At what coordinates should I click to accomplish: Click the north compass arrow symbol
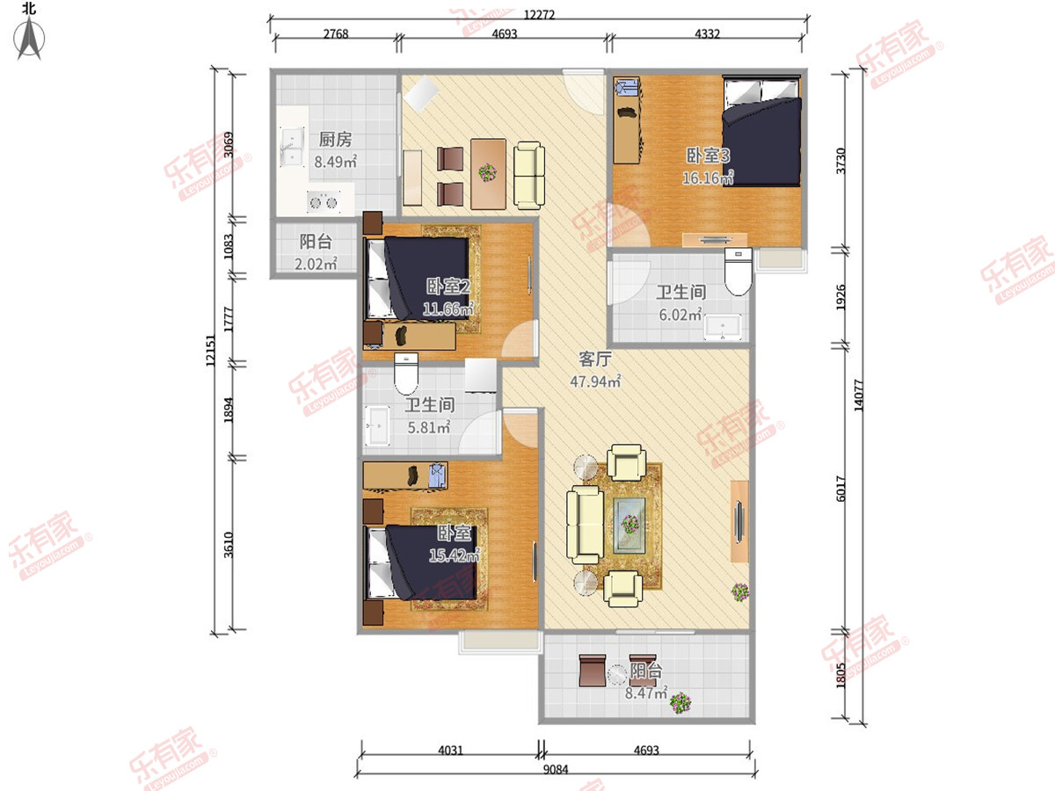29,38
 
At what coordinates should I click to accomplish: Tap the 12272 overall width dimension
539,14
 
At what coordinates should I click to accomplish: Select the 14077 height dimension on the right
858,395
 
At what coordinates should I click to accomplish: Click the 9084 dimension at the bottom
556,769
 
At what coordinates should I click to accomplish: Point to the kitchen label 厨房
336,140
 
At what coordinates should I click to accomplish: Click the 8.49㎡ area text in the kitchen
336,162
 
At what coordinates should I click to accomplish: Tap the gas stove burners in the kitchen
324,202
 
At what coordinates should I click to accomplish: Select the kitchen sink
292,146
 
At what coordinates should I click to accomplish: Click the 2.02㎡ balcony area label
316,264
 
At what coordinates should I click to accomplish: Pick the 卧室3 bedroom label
708,156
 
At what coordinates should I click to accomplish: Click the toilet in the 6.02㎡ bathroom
738,272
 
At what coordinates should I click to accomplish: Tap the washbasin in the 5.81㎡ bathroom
378,426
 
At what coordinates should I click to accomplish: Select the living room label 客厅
595,359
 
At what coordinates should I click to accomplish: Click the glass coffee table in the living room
629,526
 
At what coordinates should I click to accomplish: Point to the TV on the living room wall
739,521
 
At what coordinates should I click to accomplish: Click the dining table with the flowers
488,174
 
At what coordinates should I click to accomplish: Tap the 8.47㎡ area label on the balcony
646,693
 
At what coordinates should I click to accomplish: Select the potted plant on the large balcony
680,703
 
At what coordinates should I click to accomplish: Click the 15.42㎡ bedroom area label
455,555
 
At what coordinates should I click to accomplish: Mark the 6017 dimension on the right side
840,489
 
